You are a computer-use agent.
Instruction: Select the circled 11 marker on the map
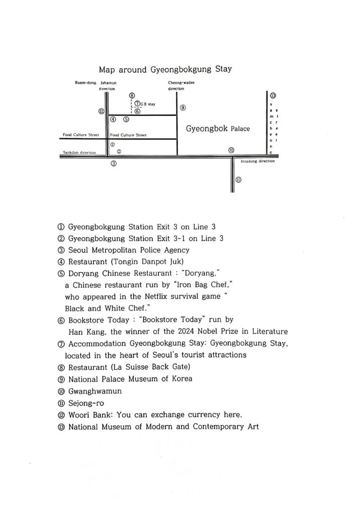coord(238,179)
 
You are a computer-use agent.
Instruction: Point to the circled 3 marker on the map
coord(113,163)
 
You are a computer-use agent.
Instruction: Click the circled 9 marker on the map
coord(183,108)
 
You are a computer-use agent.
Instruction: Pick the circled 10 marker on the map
coord(231,150)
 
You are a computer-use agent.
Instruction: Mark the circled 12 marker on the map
coord(101,111)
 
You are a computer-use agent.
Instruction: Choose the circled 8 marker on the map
coord(132,96)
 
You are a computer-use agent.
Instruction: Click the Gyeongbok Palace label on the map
coord(218,128)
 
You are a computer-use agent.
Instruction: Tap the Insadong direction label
coord(257,161)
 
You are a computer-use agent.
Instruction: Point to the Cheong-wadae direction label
coord(181,86)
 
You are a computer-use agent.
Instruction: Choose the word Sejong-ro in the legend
coord(86,403)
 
